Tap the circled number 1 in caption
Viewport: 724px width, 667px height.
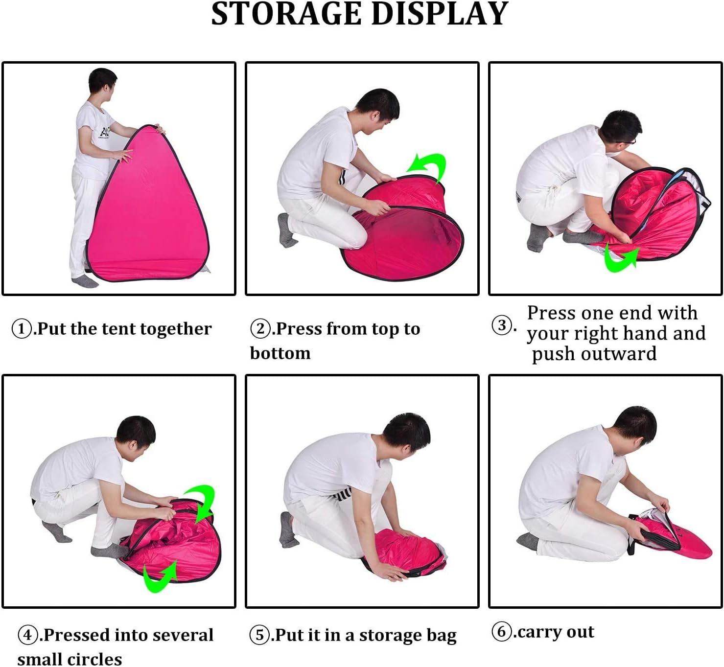tap(22, 328)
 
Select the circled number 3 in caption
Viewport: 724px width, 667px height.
tap(502, 325)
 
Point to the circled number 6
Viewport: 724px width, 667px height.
tap(502, 631)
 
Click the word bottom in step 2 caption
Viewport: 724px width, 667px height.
tap(280, 353)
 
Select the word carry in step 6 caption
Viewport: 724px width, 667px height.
tap(539, 632)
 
